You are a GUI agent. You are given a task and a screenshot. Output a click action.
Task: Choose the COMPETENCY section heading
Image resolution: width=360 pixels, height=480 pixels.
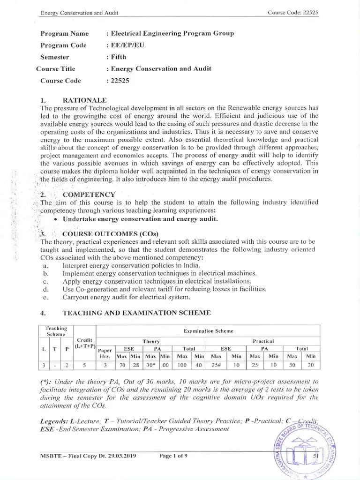89,195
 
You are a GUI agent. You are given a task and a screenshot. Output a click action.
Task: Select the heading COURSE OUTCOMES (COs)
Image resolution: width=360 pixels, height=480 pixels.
111,234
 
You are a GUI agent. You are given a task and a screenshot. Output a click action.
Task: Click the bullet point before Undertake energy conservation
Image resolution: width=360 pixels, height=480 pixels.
56,219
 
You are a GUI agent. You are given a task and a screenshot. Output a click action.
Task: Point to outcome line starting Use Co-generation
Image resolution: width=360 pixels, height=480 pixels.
164,289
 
